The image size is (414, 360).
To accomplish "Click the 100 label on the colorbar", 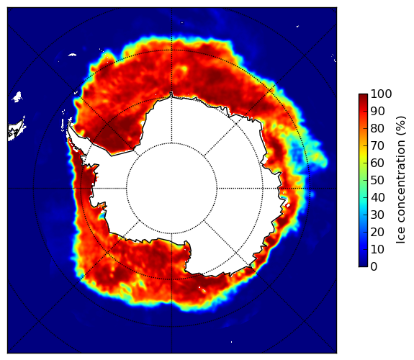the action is click(x=381, y=94).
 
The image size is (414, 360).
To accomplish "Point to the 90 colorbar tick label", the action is click(x=377, y=111).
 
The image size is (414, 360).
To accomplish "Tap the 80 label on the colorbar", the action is click(x=377, y=128).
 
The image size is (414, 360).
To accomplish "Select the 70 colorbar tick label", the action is click(x=377, y=145).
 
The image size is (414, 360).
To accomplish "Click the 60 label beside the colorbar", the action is click(x=377, y=163).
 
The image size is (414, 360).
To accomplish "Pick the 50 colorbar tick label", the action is click(x=377, y=181).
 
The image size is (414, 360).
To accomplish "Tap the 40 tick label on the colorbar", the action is click(x=377, y=197).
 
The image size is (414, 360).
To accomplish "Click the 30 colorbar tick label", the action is click(x=377, y=215).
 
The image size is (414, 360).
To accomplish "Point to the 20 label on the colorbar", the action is click(x=377, y=232).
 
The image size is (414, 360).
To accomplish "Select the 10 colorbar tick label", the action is click(x=377, y=250).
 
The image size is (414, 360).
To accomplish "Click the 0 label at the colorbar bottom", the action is click(x=374, y=267).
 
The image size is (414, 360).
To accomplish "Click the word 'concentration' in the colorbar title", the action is click(x=400, y=186).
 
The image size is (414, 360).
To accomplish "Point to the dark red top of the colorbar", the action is click(x=363, y=96).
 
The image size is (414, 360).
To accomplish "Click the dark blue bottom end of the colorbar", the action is click(x=363, y=265).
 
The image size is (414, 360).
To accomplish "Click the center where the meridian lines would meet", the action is click(x=171, y=189).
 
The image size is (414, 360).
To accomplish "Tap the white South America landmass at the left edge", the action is click(x=17, y=130).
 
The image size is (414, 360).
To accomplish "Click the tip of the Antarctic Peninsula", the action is click(x=69, y=124).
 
